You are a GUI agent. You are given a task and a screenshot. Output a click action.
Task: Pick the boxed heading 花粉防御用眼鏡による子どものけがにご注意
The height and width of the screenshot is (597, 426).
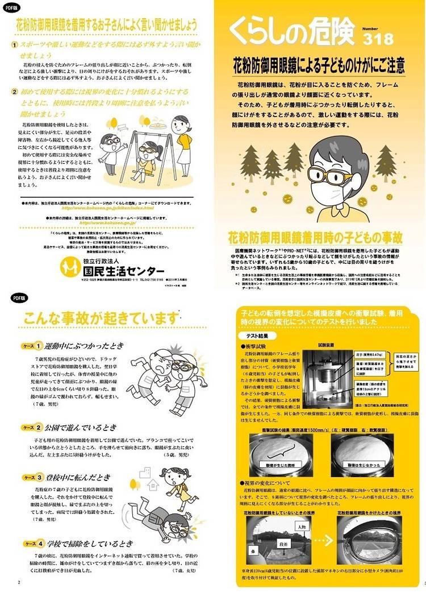point(320,65)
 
